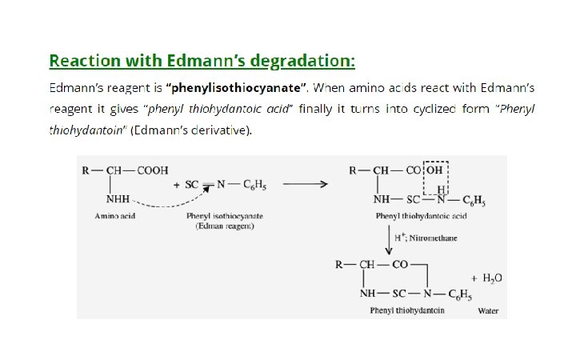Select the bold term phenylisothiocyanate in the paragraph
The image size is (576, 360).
[x=237, y=86]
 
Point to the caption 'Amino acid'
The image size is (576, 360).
[x=115, y=217]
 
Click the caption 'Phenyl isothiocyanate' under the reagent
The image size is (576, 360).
[x=225, y=217]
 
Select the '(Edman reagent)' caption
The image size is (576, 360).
[x=225, y=227]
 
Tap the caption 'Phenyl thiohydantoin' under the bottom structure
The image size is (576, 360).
[x=407, y=310]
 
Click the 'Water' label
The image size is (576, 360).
[x=488, y=310]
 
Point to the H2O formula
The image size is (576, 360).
[x=491, y=278]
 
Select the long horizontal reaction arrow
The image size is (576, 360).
[x=305, y=185]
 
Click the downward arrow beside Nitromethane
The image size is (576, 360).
[x=388, y=240]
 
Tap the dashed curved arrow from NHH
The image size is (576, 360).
[x=168, y=203]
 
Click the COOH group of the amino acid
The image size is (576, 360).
[x=153, y=170]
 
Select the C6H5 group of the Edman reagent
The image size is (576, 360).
[x=254, y=186]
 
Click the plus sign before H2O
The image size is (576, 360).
[x=474, y=278]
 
